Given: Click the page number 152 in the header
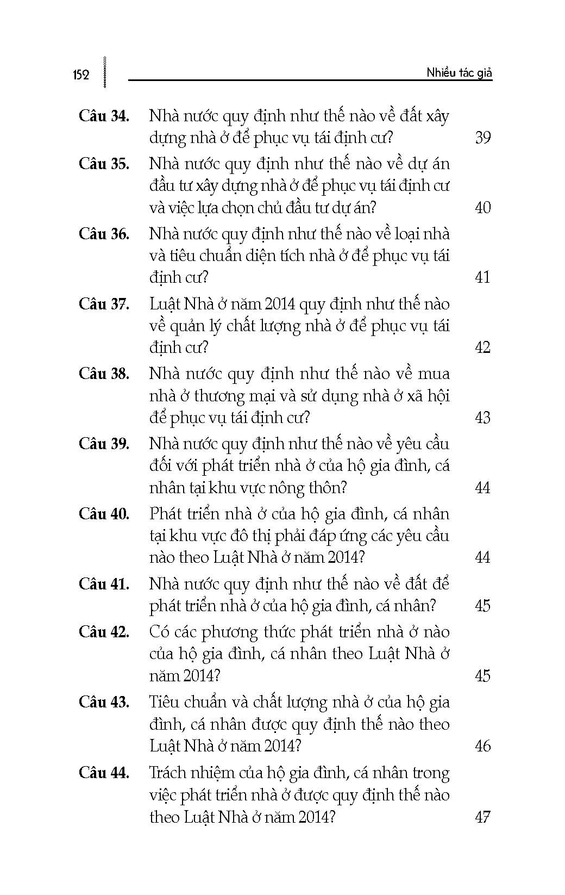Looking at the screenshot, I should tap(80, 74).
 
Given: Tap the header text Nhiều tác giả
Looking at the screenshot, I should tap(459, 73).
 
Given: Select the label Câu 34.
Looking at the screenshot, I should tap(104, 116).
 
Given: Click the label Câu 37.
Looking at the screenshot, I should tap(104, 304).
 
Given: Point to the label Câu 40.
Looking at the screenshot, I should tap(104, 514).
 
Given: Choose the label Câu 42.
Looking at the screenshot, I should tap(104, 632).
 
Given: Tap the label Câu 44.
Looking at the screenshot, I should tap(104, 773).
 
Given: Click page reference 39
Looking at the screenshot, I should tap(482, 138).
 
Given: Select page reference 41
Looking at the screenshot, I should tap(482, 277).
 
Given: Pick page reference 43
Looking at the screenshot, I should tap(482, 418).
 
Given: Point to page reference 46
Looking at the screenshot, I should tap(482, 745).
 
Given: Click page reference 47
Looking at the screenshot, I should tap(482, 817).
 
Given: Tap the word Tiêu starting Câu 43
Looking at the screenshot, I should tap(165, 702).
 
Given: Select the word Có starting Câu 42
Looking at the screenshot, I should tap(159, 632).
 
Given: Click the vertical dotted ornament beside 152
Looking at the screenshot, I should tap(104, 72).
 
